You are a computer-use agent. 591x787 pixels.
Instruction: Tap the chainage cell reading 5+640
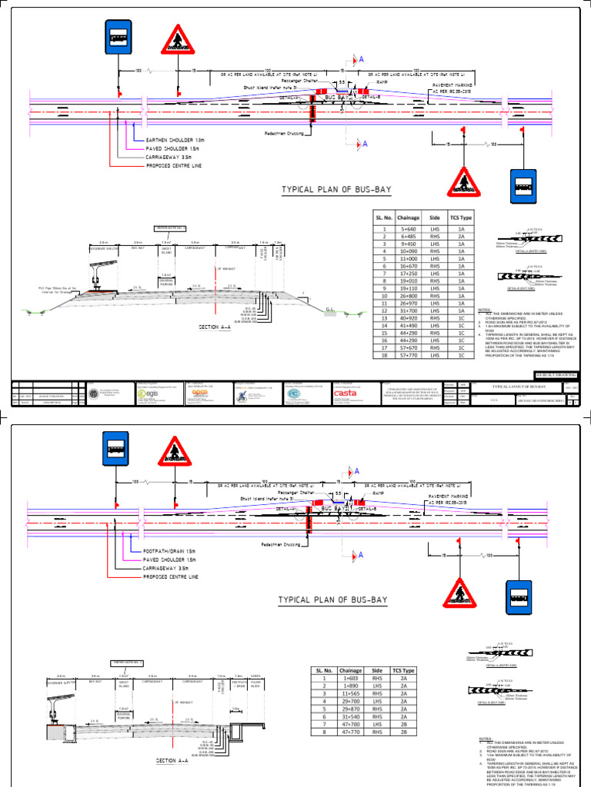408,229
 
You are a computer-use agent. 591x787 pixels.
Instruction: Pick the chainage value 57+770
408,357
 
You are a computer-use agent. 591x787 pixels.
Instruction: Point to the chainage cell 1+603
350,679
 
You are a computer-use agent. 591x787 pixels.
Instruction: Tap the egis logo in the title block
146,393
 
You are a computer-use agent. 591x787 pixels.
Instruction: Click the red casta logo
345,393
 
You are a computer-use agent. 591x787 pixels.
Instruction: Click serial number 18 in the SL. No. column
379,357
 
